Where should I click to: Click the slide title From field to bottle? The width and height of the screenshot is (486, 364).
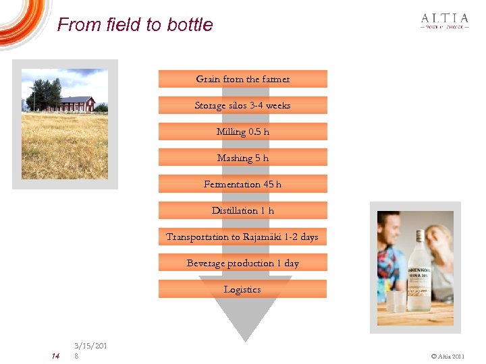pyautogui.click(x=135, y=25)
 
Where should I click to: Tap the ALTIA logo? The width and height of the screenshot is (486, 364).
pyautogui.click(x=444, y=21)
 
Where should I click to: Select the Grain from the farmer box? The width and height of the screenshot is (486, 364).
pyautogui.click(x=242, y=79)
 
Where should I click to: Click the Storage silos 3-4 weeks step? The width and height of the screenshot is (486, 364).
pyautogui.click(x=242, y=105)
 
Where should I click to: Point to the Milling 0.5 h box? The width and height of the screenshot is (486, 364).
pyautogui.click(x=242, y=131)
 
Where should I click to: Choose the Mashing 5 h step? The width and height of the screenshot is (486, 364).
pyautogui.click(x=242, y=158)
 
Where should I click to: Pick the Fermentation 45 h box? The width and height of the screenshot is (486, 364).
pyautogui.click(x=242, y=184)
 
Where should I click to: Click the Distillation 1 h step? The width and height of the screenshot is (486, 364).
pyautogui.click(x=242, y=210)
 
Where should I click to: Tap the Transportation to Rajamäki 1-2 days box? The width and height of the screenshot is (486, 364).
pyautogui.click(x=242, y=237)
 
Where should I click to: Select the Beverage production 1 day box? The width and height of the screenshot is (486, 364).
pyautogui.click(x=242, y=263)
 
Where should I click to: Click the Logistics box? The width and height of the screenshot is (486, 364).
pyautogui.click(x=242, y=289)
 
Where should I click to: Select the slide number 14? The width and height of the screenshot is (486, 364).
pyautogui.click(x=55, y=355)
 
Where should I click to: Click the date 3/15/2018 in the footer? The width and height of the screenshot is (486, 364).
pyautogui.click(x=90, y=351)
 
